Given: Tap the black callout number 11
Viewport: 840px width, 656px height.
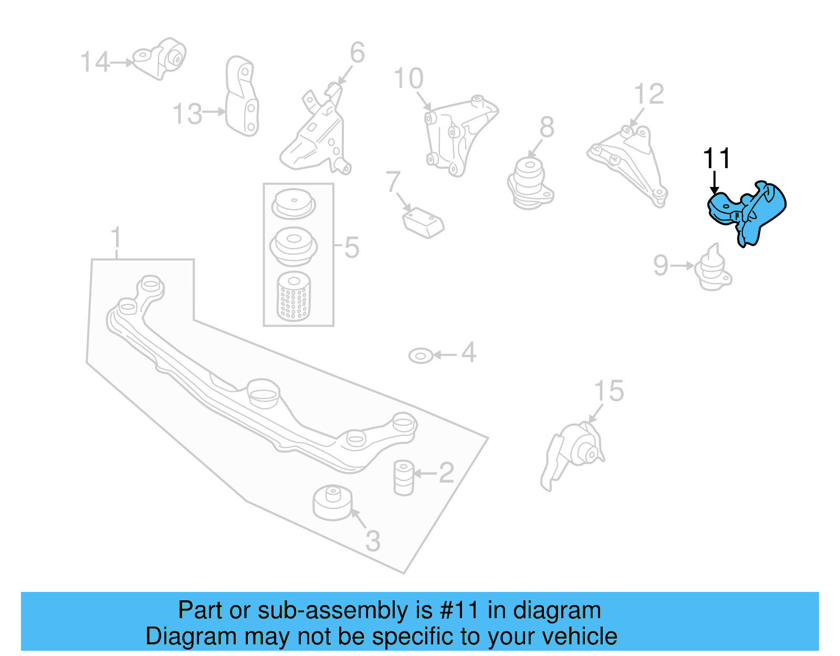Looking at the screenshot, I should click(717, 158).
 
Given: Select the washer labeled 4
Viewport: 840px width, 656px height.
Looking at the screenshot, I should click(421, 356).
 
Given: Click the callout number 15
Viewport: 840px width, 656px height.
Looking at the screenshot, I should click(609, 391).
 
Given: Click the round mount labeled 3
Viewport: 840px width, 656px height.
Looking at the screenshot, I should click(332, 503).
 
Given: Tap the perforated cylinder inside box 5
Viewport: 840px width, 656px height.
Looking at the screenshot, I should click(293, 297).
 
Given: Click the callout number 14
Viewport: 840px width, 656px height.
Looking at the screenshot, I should click(94, 62).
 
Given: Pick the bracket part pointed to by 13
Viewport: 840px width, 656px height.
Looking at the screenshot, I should click(242, 97).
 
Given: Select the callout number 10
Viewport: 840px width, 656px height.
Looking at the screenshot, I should click(408, 79).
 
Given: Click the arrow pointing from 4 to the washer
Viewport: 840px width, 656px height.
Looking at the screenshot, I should click(445, 355).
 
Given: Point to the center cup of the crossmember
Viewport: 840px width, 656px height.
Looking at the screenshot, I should click(263, 393).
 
